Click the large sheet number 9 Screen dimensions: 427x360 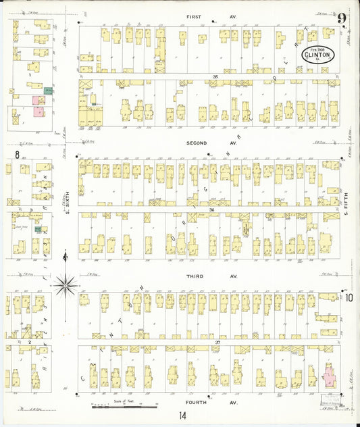tap(343, 19)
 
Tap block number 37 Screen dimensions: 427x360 tap(217, 343)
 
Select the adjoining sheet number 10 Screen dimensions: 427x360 tap(349, 297)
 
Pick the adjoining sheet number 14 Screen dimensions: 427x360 tap(182, 418)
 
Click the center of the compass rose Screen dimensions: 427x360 tap(66, 286)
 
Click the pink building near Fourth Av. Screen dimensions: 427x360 tap(328, 374)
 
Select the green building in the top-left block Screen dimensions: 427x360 tap(48, 90)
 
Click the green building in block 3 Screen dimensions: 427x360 tap(40, 230)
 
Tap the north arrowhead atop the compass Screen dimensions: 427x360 tap(65, 255)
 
